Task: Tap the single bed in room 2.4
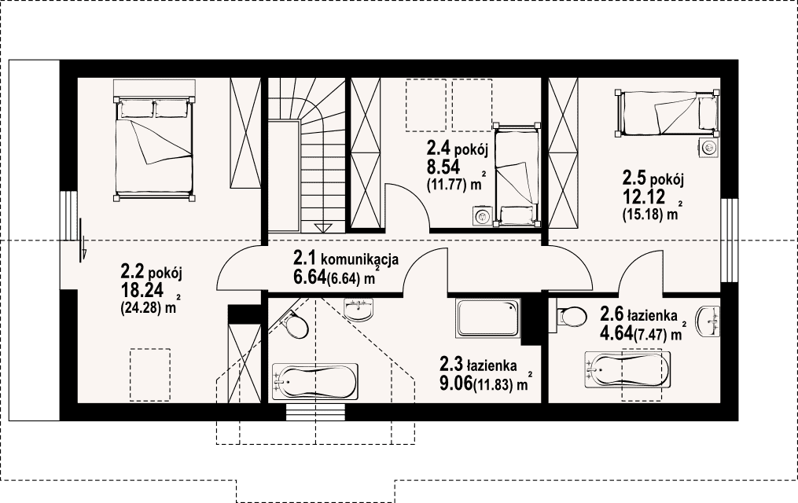[516, 174]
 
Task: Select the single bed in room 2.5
[668, 114]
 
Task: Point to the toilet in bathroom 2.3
[293, 324]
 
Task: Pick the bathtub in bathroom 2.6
[627, 369]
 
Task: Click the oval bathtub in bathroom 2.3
[315, 382]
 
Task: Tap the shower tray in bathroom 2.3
[488, 318]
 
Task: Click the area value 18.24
[142, 290]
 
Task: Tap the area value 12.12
[644, 196]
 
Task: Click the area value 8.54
[443, 167]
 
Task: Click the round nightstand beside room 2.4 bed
[480, 215]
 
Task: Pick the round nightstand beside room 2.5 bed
[708, 148]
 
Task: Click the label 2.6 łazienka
[638, 314]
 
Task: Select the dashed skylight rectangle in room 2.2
[149, 374]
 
